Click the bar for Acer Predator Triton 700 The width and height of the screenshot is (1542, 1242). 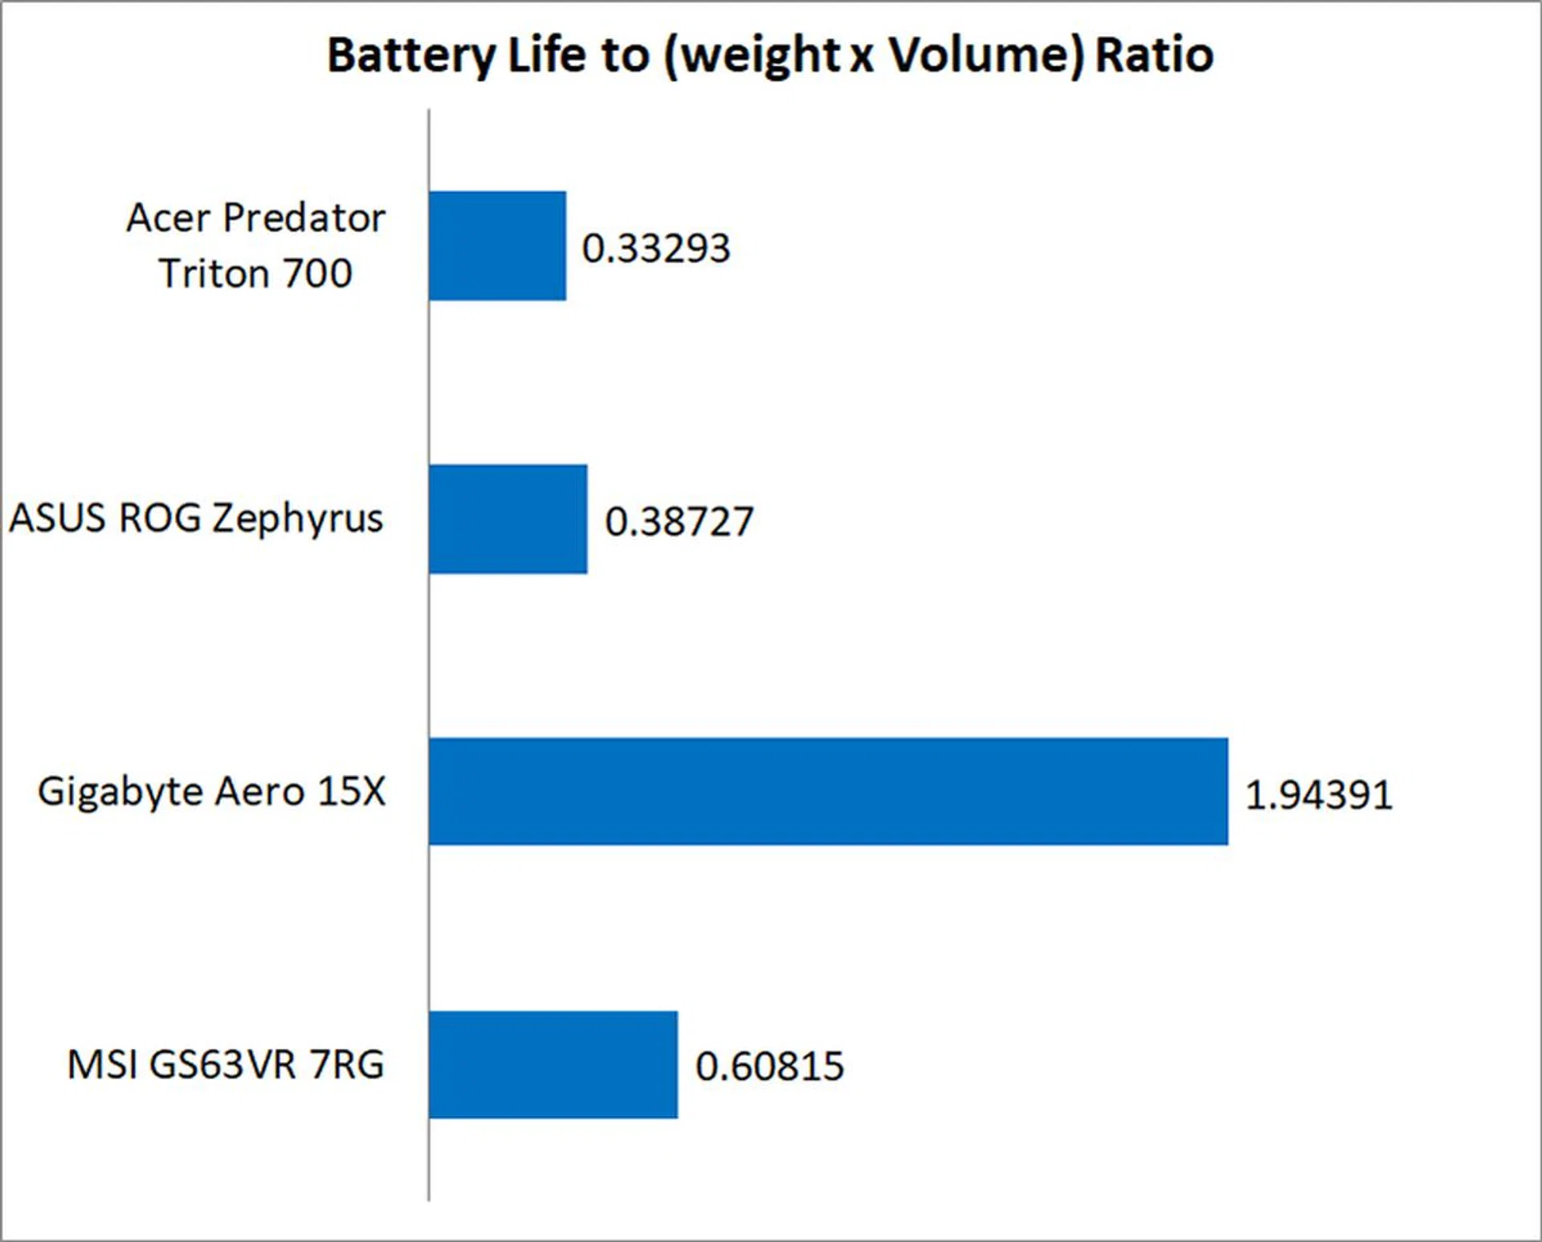497,246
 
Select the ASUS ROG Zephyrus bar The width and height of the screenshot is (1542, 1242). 508,519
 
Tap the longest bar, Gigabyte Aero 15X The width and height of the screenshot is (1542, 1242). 827,791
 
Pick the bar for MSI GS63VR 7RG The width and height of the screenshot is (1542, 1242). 553,1064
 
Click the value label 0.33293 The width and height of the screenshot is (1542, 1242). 655,247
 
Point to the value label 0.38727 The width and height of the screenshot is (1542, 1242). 679,521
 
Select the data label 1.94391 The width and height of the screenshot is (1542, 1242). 1318,795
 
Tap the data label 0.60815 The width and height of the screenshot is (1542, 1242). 769,1066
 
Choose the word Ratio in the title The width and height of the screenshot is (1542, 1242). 1154,55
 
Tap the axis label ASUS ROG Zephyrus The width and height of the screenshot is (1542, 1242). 196,518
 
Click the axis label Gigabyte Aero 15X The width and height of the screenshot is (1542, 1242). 211,791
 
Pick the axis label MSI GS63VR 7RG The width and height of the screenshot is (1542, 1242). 226,1064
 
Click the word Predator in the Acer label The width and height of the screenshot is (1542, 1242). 304,218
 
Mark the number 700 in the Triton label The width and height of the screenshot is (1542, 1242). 317,273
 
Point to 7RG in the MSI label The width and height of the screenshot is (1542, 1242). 346,1064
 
